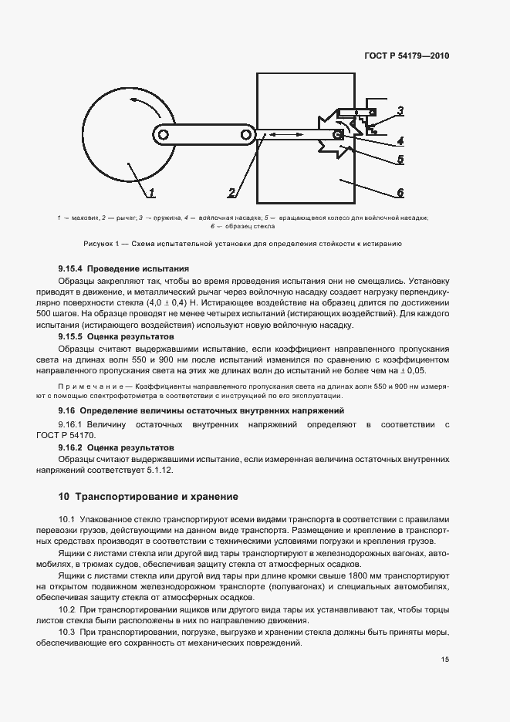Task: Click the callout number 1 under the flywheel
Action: click(x=152, y=193)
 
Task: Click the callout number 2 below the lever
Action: click(x=232, y=193)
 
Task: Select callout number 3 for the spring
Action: click(x=400, y=111)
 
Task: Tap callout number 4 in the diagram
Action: click(x=400, y=141)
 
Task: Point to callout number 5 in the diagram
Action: click(x=400, y=160)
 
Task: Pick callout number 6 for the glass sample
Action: click(x=400, y=193)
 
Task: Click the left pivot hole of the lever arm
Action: click(x=163, y=135)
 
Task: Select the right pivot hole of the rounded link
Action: click(x=246, y=135)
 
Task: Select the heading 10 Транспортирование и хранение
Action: click(x=149, y=496)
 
